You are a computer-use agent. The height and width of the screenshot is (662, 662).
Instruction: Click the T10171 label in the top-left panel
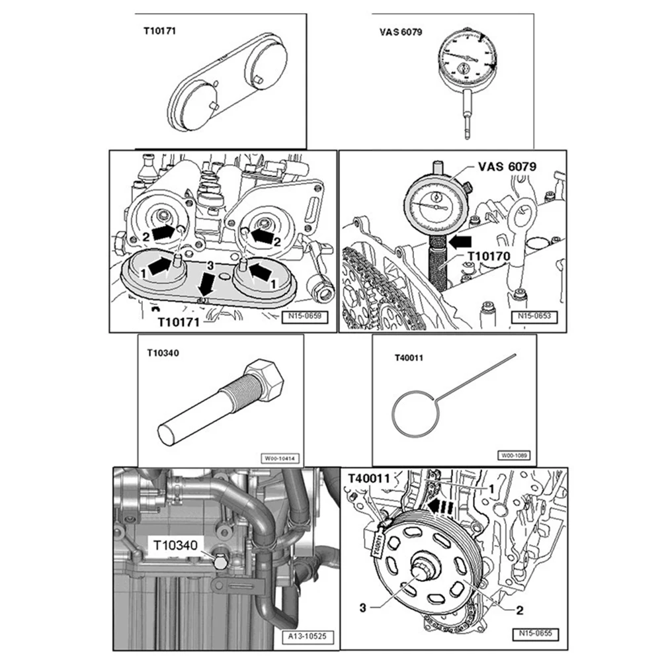161,30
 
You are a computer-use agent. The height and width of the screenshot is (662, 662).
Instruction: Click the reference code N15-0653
534,317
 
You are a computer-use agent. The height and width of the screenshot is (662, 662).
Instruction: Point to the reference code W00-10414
279,457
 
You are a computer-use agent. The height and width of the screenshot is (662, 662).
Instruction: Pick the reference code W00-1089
514,456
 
